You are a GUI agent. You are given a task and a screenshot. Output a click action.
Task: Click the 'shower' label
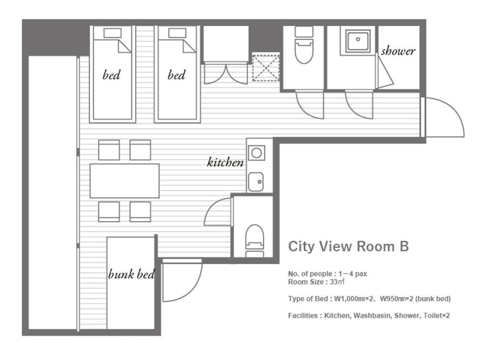click(x=398, y=51)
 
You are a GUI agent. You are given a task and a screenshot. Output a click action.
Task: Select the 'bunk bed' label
click(x=132, y=274)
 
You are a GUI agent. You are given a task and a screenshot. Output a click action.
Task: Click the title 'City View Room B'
click(x=348, y=247)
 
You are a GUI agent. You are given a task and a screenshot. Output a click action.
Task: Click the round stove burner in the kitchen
click(x=257, y=153)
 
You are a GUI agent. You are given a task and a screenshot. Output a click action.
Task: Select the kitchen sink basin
click(x=256, y=182)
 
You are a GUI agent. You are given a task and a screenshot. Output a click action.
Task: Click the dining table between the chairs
click(x=124, y=181)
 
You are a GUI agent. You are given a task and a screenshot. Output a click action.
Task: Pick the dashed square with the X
click(x=266, y=68)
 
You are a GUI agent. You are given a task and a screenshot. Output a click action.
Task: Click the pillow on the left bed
click(x=113, y=33)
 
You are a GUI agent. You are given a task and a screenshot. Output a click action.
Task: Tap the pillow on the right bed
click(x=177, y=33)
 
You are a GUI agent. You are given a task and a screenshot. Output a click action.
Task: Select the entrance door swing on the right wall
click(x=443, y=117)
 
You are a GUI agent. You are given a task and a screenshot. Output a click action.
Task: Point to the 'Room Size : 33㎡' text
click(x=316, y=282)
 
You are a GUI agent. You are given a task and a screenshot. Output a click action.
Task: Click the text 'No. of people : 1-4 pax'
click(x=327, y=274)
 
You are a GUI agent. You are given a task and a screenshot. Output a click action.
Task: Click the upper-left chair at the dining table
click(x=109, y=150)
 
